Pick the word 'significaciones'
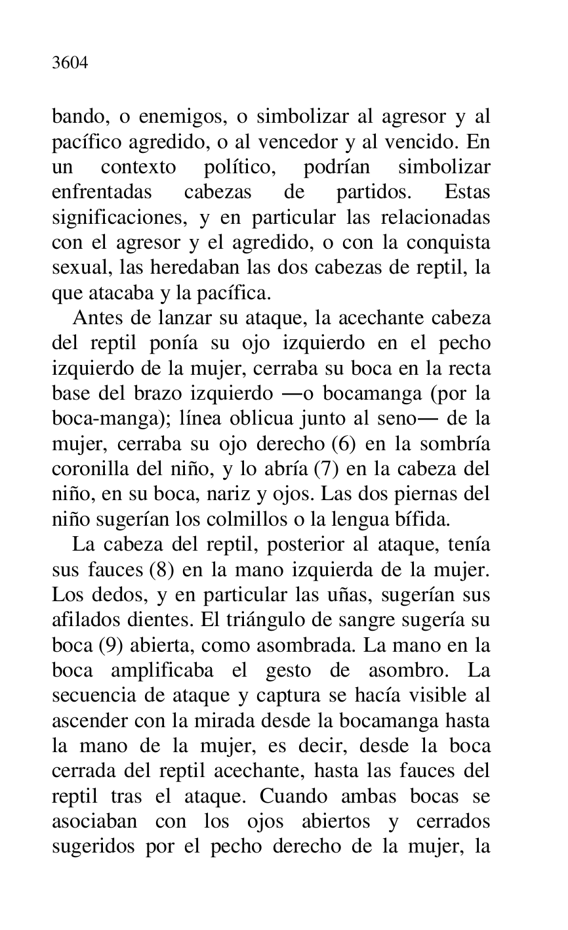coord(104,217)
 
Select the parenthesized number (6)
coord(344,444)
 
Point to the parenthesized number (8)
coord(161,569)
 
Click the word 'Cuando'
coord(292,795)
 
